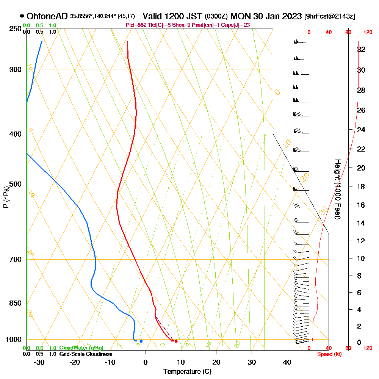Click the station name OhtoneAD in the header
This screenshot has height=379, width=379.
click(x=47, y=17)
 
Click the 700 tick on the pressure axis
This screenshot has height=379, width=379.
click(x=17, y=259)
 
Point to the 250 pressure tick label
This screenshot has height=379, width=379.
click(x=17, y=28)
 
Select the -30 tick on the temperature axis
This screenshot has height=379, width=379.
click(x=39, y=362)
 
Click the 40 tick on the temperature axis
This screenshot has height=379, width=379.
click(x=287, y=362)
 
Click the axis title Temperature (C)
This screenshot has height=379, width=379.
click(x=187, y=372)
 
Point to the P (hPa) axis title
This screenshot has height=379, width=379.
click(x=6, y=197)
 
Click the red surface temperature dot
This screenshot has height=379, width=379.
click(x=176, y=341)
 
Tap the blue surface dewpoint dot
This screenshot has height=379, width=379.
click(x=141, y=341)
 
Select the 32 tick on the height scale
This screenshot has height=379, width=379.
click(x=361, y=49)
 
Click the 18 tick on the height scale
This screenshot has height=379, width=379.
click(x=361, y=186)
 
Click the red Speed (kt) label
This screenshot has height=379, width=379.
click(x=328, y=354)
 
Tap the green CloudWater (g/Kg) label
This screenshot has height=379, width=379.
click(x=81, y=348)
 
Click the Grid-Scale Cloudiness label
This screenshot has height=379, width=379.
click(x=86, y=354)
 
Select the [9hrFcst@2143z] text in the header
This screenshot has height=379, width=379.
click(x=329, y=17)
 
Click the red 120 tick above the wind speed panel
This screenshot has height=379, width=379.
click(x=368, y=33)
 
